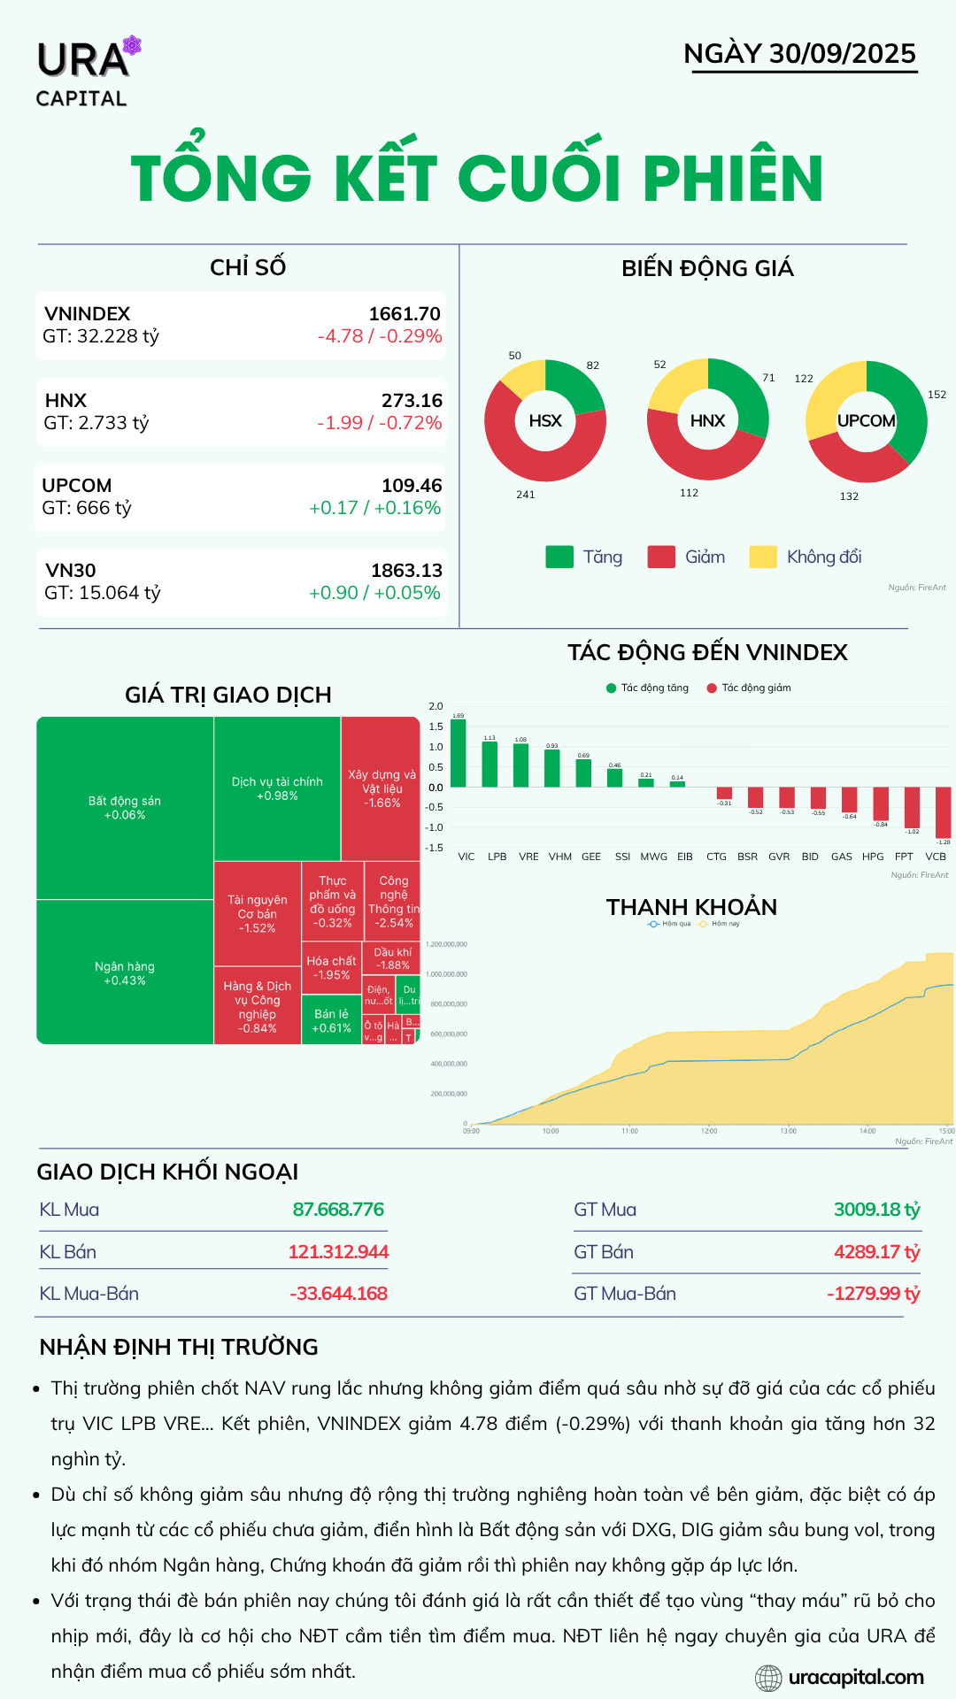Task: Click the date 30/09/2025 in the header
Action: click(x=842, y=54)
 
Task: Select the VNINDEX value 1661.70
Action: click(x=405, y=314)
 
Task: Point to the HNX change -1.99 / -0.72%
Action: click(x=379, y=423)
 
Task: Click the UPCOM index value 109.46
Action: click(x=412, y=486)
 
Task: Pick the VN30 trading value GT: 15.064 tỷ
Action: click(x=103, y=593)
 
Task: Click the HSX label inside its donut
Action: click(x=545, y=421)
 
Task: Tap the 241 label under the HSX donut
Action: click(x=526, y=495)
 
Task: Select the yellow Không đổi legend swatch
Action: click(x=762, y=557)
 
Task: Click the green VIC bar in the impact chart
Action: click(x=459, y=753)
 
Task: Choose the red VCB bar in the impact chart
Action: click(x=944, y=812)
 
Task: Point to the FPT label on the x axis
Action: click(x=904, y=857)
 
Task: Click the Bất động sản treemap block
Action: click(x=125, y=808)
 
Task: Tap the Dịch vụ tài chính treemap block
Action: click(x=277, y=788)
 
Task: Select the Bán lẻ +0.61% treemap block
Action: click(x=331, y=1021)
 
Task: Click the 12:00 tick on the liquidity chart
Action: click(x=709, y=1131)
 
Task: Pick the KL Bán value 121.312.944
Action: click(x=338, y=1252)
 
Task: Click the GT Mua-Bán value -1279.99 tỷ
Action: click(x=874, y=1294)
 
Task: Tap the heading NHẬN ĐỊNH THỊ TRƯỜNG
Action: click(x=179, y=1347)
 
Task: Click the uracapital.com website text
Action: click(x=855, y=1677)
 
